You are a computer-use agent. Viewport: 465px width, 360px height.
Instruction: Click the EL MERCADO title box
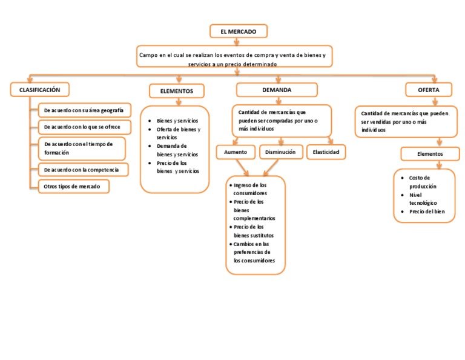pyautogui.click(x=239, y=31)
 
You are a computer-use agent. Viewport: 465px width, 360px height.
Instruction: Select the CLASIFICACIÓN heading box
pyautogui.click(x=40, y=90)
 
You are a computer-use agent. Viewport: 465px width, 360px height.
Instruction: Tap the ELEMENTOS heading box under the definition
pyautogui.click(x=177, y=91)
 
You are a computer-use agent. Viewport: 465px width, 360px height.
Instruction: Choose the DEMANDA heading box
pyautogui.click(x=277, y=90)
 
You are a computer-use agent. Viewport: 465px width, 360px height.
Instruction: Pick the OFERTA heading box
pyautogui.click(x=429, y=90)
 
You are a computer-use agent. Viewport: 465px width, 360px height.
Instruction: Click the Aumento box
pyautogui.click(x=236, y=152)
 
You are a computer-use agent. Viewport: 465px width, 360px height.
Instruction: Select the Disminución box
pyautogui.click(x=280, y=152)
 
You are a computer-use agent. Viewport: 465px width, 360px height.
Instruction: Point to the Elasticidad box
pyautogui.click(x=326, y=152)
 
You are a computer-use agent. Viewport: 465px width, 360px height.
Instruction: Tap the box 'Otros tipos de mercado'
pyautogui.click(x=73, y=187)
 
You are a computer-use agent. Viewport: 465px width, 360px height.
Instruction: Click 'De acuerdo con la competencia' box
pyautogui.click(x=84, y=170)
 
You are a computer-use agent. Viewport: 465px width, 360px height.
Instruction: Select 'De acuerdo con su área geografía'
pyautogui.click(x=85, y=110)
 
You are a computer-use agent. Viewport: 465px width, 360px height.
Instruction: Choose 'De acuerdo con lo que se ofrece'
pyautogui.click(x=85, y=127)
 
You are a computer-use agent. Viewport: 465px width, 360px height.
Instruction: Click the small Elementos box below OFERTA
pyautogui.click(x=430, y=154)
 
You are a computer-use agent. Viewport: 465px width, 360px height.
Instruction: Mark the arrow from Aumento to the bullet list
pyautogui.click(x=242, y=168)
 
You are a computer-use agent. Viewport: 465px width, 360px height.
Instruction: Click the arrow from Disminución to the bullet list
pyautogui.click(x=271, y=168)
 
